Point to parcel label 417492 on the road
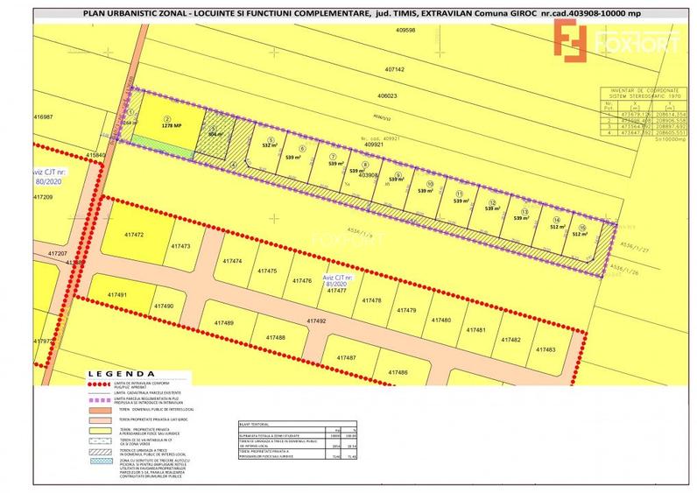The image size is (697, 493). point(316,321)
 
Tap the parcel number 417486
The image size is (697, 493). point(397,373)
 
